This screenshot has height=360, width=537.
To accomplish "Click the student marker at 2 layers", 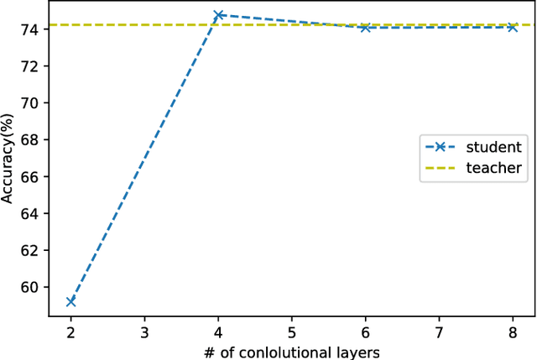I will pyautogui.click(x=70, y=300).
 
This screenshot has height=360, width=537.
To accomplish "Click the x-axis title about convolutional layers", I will pyautogui.click(x=291, y=351).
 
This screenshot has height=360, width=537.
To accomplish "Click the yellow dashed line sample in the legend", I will pyautogui.click(x=441, y=168).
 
